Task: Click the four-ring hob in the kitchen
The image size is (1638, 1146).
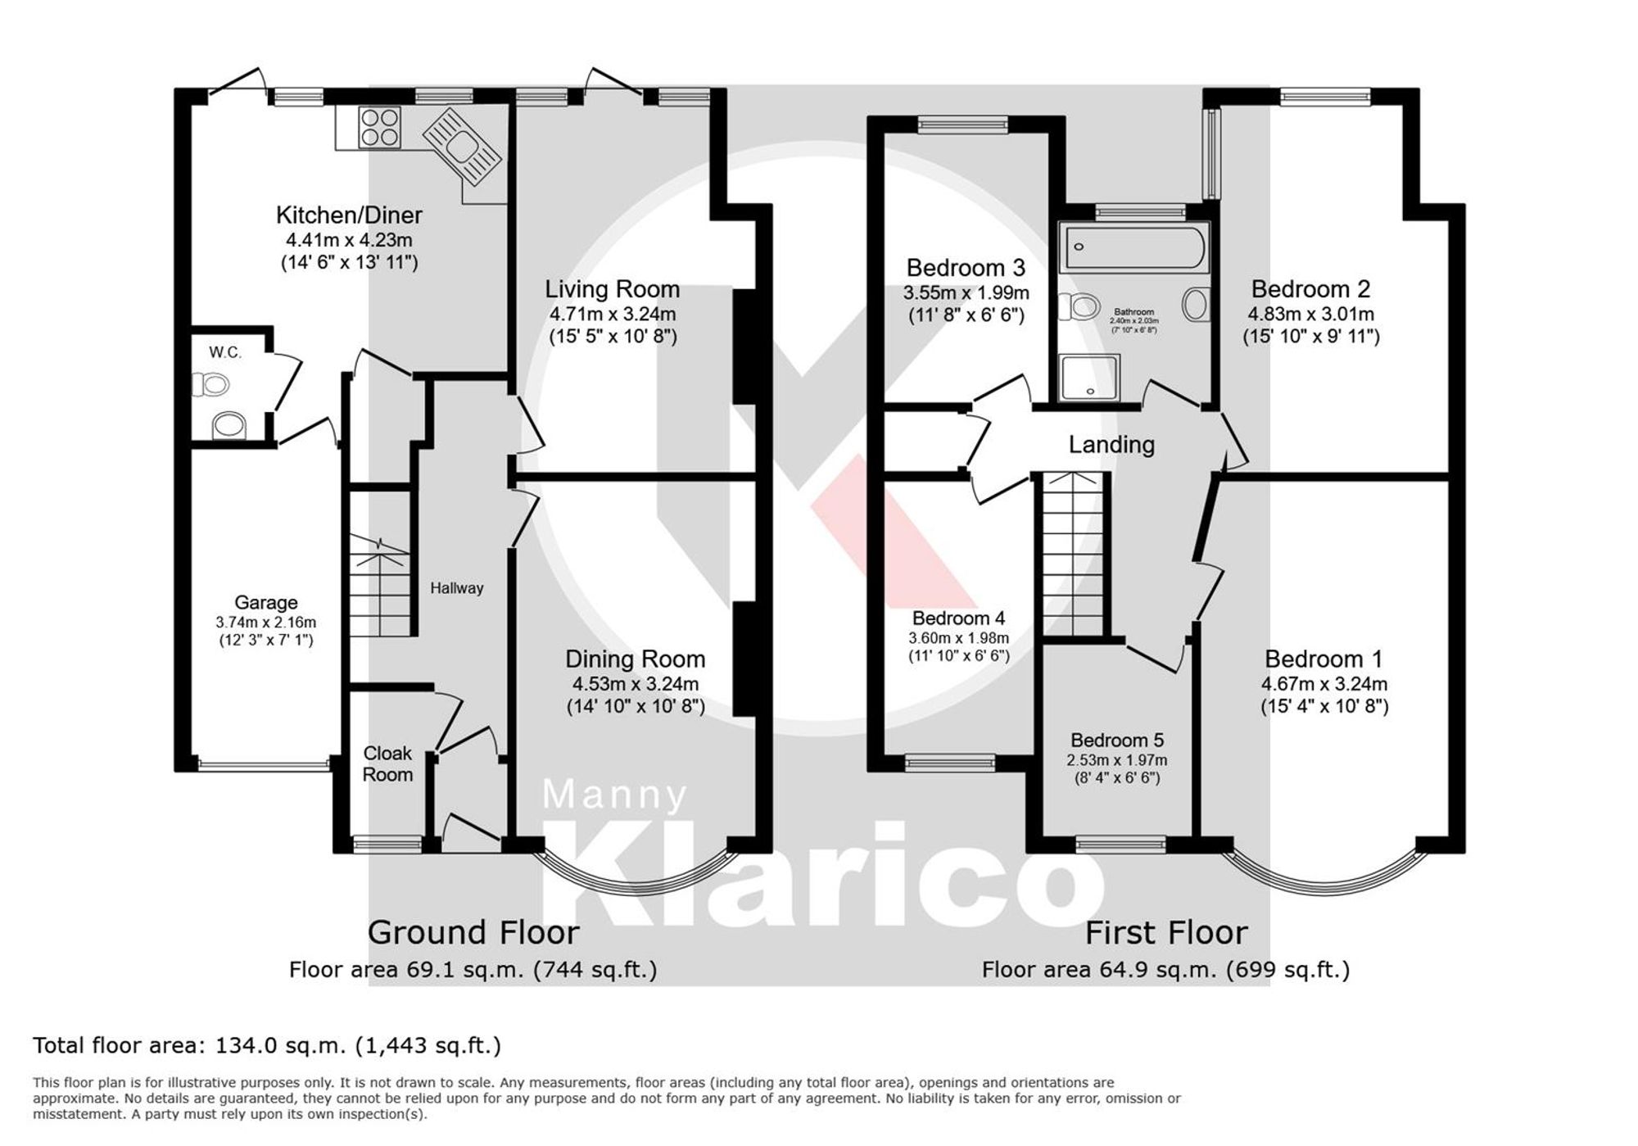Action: pyautogui.click(x=380, y=127)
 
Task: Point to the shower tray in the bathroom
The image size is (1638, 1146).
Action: pyautogui.click(x=1088, y=378)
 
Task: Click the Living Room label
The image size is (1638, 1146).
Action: pyautogui.click(x=612, y=289)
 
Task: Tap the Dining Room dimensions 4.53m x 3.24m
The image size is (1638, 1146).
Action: pyautogui.click(x=635, y=684)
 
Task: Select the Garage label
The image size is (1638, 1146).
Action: pyautogui.click(x=265, y=603)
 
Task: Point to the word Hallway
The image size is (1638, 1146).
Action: pyautogui.click(x=457, y=588)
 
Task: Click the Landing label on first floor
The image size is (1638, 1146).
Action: pyautogui.click(x=1111, y=445)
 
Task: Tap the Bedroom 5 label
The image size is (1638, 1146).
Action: pyautogui.click(x=1116, y=741)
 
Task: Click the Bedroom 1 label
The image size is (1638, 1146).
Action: pyautogui.click(x=1323, y=659)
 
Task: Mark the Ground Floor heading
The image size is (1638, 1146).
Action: pyautogui.click(x=473, y=932)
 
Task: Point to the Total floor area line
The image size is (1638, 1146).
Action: pyautogui.click(x=266, y=1045)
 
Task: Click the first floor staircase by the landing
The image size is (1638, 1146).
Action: pyautogui.click(x=1072, y=557)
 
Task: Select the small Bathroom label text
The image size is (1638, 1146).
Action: pyautogui.click(x=1133, y=312)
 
